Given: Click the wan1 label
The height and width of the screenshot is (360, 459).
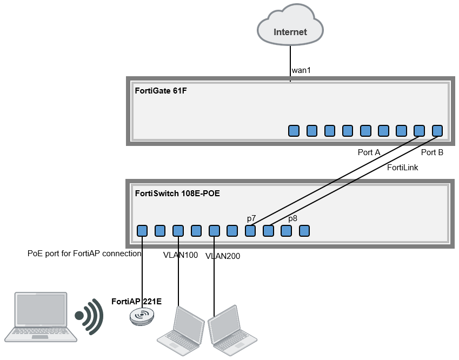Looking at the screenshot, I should (x=301, y=70).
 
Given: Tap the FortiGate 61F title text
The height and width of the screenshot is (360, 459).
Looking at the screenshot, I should (x=161, y=90).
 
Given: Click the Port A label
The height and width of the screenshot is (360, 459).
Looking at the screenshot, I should (x=369, y=152).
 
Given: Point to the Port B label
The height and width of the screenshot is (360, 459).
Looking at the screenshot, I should (x=432, y=152).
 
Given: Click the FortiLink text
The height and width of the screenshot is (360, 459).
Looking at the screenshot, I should (x=402, y=168).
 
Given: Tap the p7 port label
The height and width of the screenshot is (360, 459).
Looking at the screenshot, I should (x=251, y=218).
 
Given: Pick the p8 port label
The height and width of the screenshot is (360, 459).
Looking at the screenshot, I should (x=292, y=218).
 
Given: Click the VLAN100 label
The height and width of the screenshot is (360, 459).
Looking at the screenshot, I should (x=181, y=255).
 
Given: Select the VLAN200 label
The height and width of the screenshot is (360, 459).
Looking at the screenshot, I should (x=222, y=256).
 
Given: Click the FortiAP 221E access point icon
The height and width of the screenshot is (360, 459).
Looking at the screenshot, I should (x=142, y=316).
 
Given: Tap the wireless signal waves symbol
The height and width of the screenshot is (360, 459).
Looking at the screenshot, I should (x=89, y=316).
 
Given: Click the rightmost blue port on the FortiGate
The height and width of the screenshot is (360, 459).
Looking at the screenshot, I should (x=437, y=130).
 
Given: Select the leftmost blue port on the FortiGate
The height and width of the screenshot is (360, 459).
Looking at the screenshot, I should (x=294, y=130).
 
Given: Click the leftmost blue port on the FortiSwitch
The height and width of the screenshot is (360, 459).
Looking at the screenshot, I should (x=142, y=231).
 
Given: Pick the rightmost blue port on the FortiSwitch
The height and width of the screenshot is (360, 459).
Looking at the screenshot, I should (x=304, y=231).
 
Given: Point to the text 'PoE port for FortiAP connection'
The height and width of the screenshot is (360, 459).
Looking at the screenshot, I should (x=84, y=253).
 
